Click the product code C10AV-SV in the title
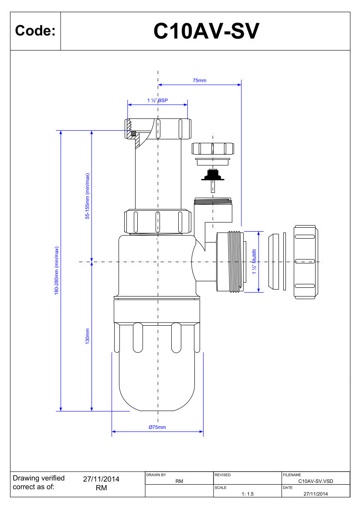(x=206, y=31)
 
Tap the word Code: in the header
(x=35, y=31)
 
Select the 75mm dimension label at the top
(x=200, y=81)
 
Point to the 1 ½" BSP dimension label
(x=158, y=100)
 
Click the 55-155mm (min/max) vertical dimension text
(x=88, y=196)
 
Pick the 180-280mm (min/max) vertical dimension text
(x=57, y=271)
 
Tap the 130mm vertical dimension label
(x=88, y=336)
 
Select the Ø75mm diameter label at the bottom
(x=157, y=427)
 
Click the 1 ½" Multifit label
(x=255, y=261)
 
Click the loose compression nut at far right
(x=306, y=262)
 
